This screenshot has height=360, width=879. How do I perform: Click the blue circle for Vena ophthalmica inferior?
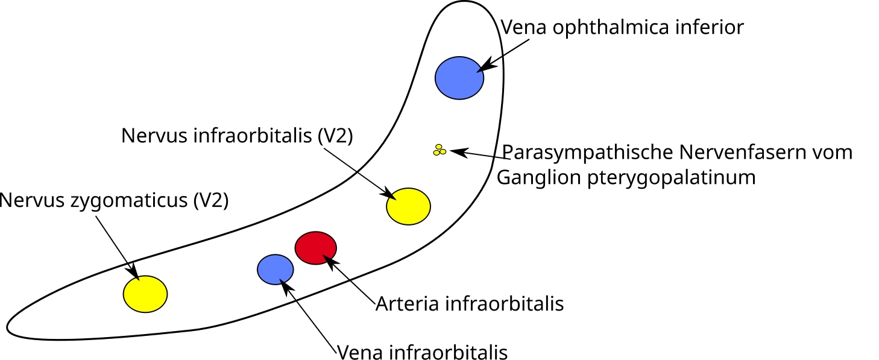(x=459, y=77)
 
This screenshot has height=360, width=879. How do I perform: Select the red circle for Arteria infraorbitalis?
(x=315, y=247)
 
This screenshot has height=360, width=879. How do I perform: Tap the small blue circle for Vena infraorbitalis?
(x=276, y=269)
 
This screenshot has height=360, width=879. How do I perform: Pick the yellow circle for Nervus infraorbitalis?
(x=408, y=206)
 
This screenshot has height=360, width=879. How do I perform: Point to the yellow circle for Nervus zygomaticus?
(x=145, y=294)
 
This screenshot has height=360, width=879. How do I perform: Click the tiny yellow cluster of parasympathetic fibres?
(x=439, y=150)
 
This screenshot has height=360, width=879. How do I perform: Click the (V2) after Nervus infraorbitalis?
(x=335, y=136)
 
